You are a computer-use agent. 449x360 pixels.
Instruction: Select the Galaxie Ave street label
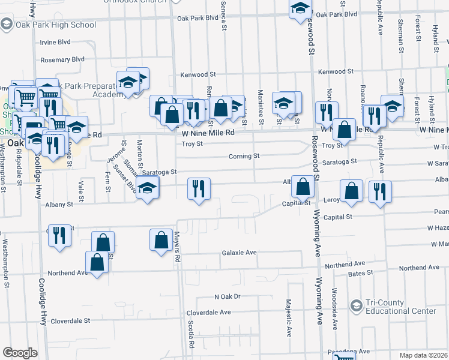[239, 253]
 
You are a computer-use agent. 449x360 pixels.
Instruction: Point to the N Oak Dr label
[227, 296]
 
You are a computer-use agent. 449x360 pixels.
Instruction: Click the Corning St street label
[244, 156]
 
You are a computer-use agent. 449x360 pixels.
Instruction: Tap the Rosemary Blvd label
[62, 59]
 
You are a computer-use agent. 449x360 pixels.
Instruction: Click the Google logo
[20, 352]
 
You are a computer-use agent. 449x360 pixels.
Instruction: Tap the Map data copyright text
[424, 355]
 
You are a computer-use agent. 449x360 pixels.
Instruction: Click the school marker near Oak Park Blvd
[300, 10]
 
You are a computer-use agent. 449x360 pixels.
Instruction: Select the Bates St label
[361, 272]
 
